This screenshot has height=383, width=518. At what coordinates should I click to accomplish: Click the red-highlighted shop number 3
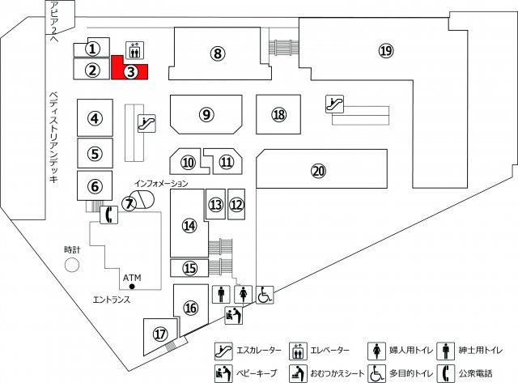click(131, 72)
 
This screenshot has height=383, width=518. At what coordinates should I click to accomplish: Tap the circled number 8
click(218, 53)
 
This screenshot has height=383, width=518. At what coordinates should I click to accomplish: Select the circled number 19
click(386, 50)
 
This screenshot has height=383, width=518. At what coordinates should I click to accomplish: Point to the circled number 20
click(318, 171)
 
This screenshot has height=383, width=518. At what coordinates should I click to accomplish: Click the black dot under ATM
click(132, 287)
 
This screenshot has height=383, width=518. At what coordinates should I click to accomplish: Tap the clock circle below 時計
click(72, 265)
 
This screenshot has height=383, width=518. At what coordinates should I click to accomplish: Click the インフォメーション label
click(161, 183)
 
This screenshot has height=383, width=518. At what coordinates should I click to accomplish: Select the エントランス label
click(112, 300)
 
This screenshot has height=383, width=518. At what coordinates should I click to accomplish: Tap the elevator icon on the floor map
click(134, 50)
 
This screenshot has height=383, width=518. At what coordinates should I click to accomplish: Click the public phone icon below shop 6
click(108, 215)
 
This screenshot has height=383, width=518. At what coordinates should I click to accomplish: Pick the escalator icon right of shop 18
click(334, 104)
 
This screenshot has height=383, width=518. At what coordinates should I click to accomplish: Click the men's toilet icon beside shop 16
click(221, 294)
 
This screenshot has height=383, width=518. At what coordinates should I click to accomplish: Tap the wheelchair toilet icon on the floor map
click(265, 295)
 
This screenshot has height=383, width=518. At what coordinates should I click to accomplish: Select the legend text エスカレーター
click(259, 350)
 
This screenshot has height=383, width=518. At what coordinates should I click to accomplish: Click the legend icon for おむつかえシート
click(299, 373)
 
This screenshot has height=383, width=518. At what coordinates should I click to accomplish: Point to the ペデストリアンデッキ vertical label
click(53, 137)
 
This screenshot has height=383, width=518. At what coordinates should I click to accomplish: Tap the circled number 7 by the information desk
click(129, 203)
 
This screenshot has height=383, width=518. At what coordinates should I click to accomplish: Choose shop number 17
click(160, 334)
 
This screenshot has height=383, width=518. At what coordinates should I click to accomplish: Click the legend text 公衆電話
click(475, 373)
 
